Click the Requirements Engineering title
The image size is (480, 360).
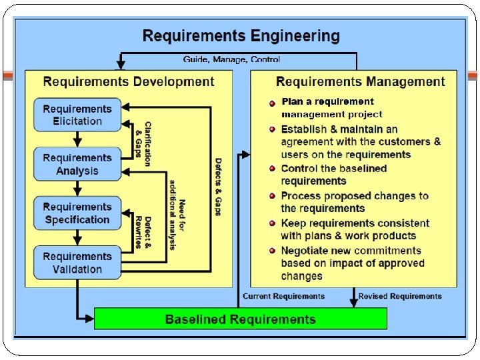(x=241, y=35)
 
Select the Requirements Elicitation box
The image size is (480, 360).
(x=77, y=115)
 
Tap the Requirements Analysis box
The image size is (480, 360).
(x=77, y=164)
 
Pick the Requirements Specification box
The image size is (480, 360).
(x=77, y=213)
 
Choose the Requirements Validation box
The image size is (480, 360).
(x=77, y=263)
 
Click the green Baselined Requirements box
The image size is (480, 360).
(x=240, y=319)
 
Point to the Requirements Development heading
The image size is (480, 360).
(x=129, y=82)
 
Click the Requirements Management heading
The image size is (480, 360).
(x=360, y=82)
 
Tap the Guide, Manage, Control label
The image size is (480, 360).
(x=232, y=59)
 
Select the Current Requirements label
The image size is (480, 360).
(x=283, y=296)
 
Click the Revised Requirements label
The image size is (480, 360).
(x=400, y=296)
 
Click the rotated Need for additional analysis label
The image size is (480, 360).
(x=177, y=215)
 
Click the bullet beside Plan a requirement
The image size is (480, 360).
(x=273, y=103)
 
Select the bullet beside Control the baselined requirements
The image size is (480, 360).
(x=273, y=169)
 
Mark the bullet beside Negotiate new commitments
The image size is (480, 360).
(x=273, y=251)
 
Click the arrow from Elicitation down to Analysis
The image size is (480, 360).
(x=77, y=139)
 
